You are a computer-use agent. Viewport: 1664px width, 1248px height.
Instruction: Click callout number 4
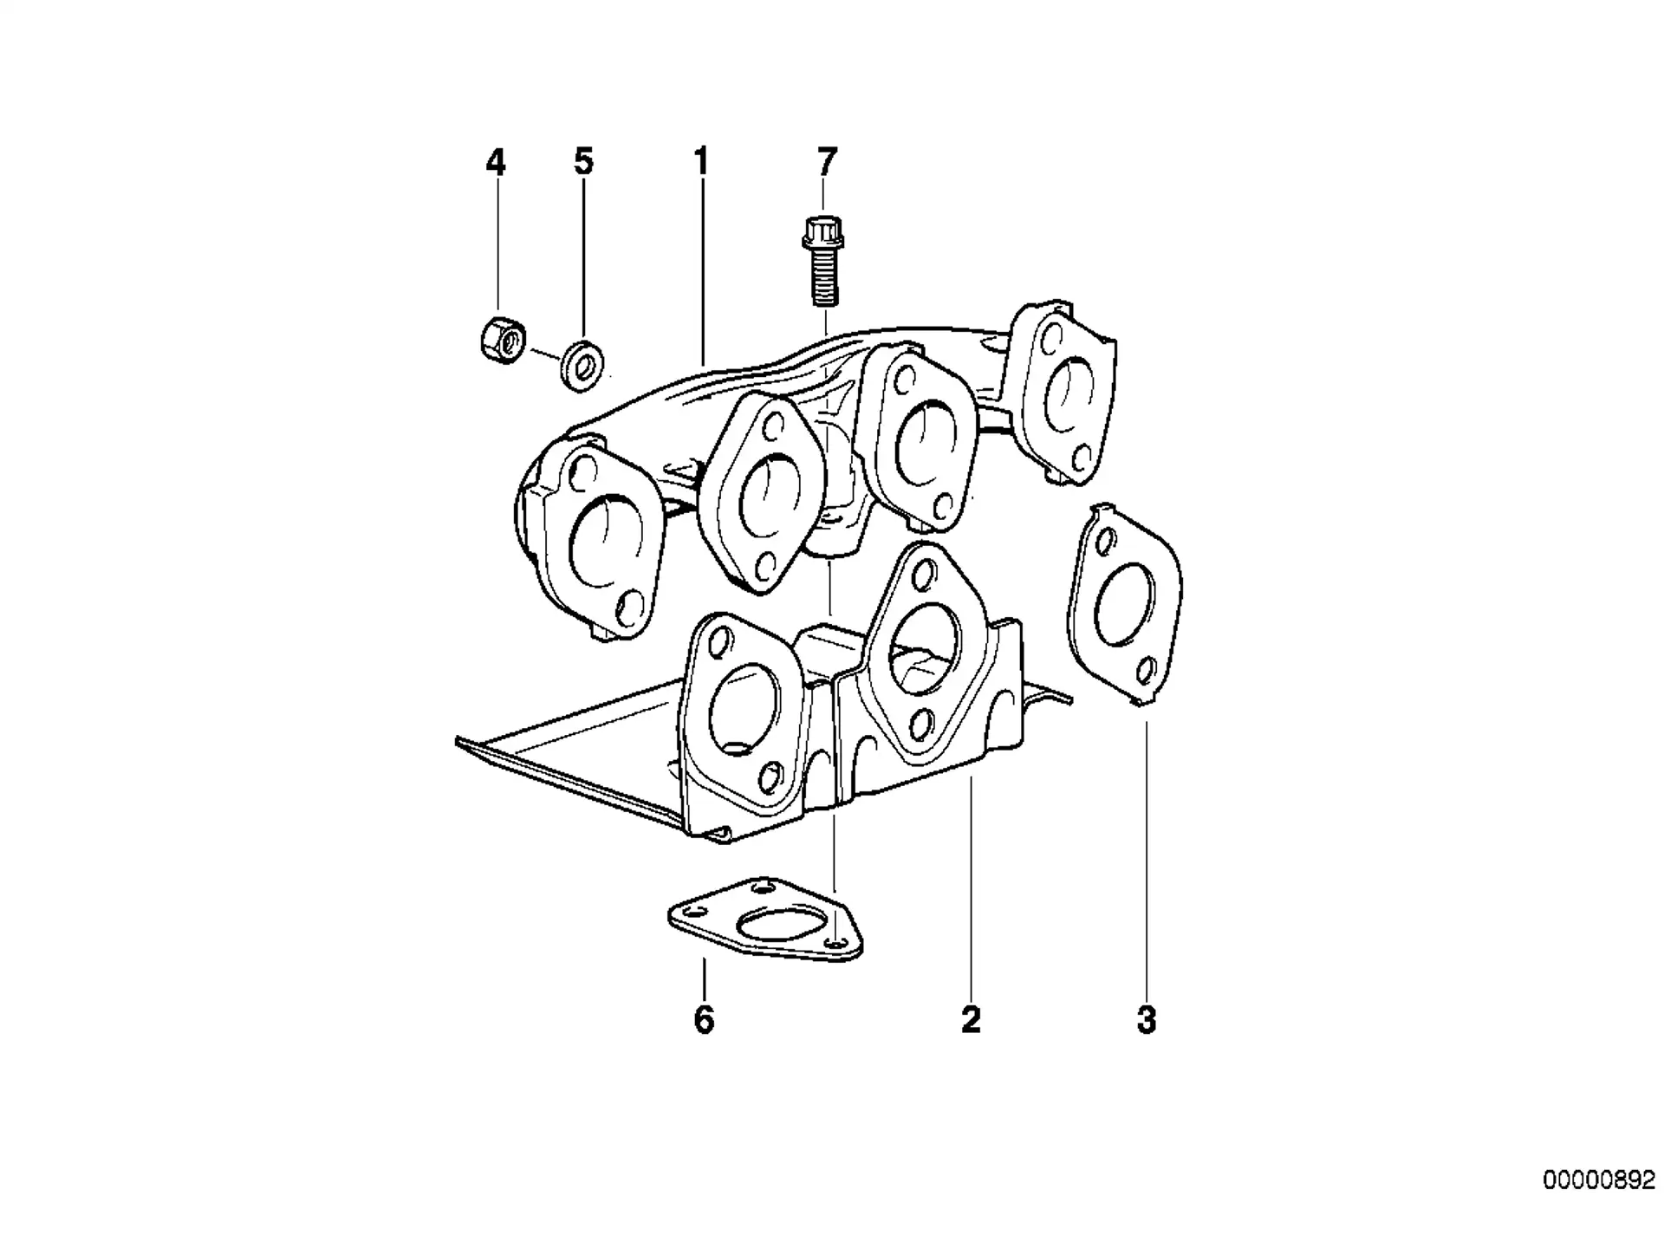495,161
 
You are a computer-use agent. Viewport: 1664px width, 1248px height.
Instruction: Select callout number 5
583,161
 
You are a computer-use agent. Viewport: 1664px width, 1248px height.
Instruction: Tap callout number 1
700,161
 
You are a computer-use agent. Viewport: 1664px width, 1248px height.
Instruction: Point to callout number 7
827,161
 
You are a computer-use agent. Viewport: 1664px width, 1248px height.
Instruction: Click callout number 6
704,1020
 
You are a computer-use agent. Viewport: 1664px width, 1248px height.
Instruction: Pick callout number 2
971,1020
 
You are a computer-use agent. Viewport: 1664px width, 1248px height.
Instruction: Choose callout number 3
1146,1020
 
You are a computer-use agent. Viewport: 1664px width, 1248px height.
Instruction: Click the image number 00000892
1598,1181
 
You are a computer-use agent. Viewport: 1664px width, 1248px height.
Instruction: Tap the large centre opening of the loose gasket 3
1124,604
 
